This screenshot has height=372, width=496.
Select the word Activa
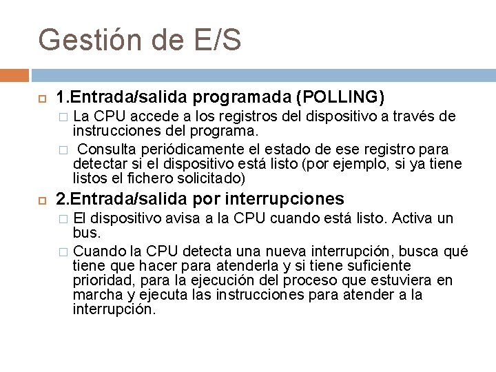(x=413, y=218)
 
